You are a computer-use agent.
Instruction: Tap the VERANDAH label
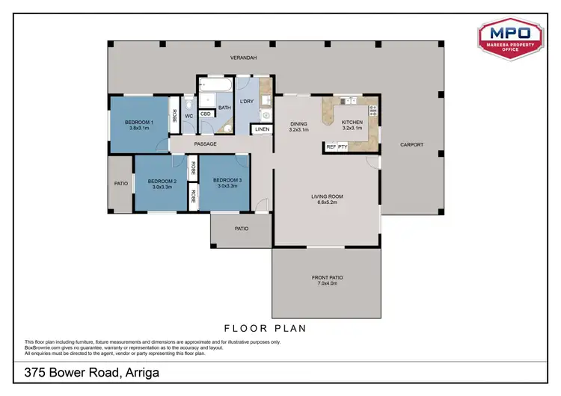[x=243, y=57]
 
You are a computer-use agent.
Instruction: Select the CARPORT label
[x=411, y=144]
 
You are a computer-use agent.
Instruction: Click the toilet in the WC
[x=188, y=105]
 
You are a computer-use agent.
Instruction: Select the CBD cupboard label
[x=205, y=114]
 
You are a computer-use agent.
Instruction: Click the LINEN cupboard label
[x=262, y=129]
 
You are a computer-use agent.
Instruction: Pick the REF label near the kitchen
[x=331, y=147]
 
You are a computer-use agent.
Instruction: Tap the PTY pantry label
[x=343, y=147]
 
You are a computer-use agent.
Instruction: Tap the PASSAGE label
[x=205, y=143]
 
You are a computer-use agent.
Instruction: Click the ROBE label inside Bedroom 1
[x=174, y=115]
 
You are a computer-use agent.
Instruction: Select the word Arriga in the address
[x=140, y=371]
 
